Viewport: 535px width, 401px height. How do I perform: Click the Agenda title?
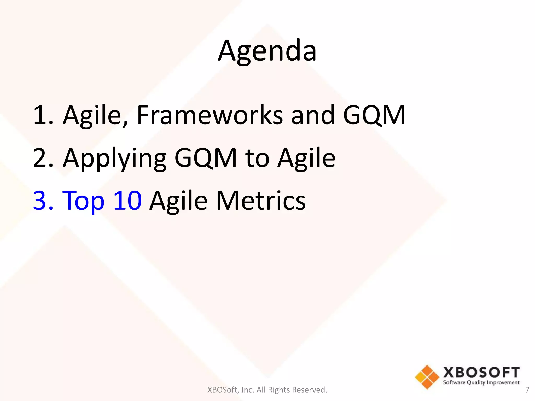[267, 51]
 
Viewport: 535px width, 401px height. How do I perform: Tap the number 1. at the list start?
[43, 115]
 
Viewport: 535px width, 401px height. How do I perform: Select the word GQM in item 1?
[374, 115]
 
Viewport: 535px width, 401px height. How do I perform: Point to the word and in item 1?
[313, 115]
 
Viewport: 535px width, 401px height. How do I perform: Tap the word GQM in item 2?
[206, 158]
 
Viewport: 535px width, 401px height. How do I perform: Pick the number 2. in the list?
[43, 158]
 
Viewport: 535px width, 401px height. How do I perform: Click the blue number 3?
[43, 200]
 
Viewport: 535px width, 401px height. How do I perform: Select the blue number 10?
[127, 200]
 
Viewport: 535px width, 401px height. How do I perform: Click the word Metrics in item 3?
[261, 200]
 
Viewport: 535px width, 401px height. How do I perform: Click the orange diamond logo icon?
[427, 377]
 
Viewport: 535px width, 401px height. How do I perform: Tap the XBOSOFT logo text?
[481, 372]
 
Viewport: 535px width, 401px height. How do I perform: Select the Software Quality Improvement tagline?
[481, 382]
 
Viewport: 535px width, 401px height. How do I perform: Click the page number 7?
[527, 390]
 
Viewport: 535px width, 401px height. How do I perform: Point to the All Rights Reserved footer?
[267, 390]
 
